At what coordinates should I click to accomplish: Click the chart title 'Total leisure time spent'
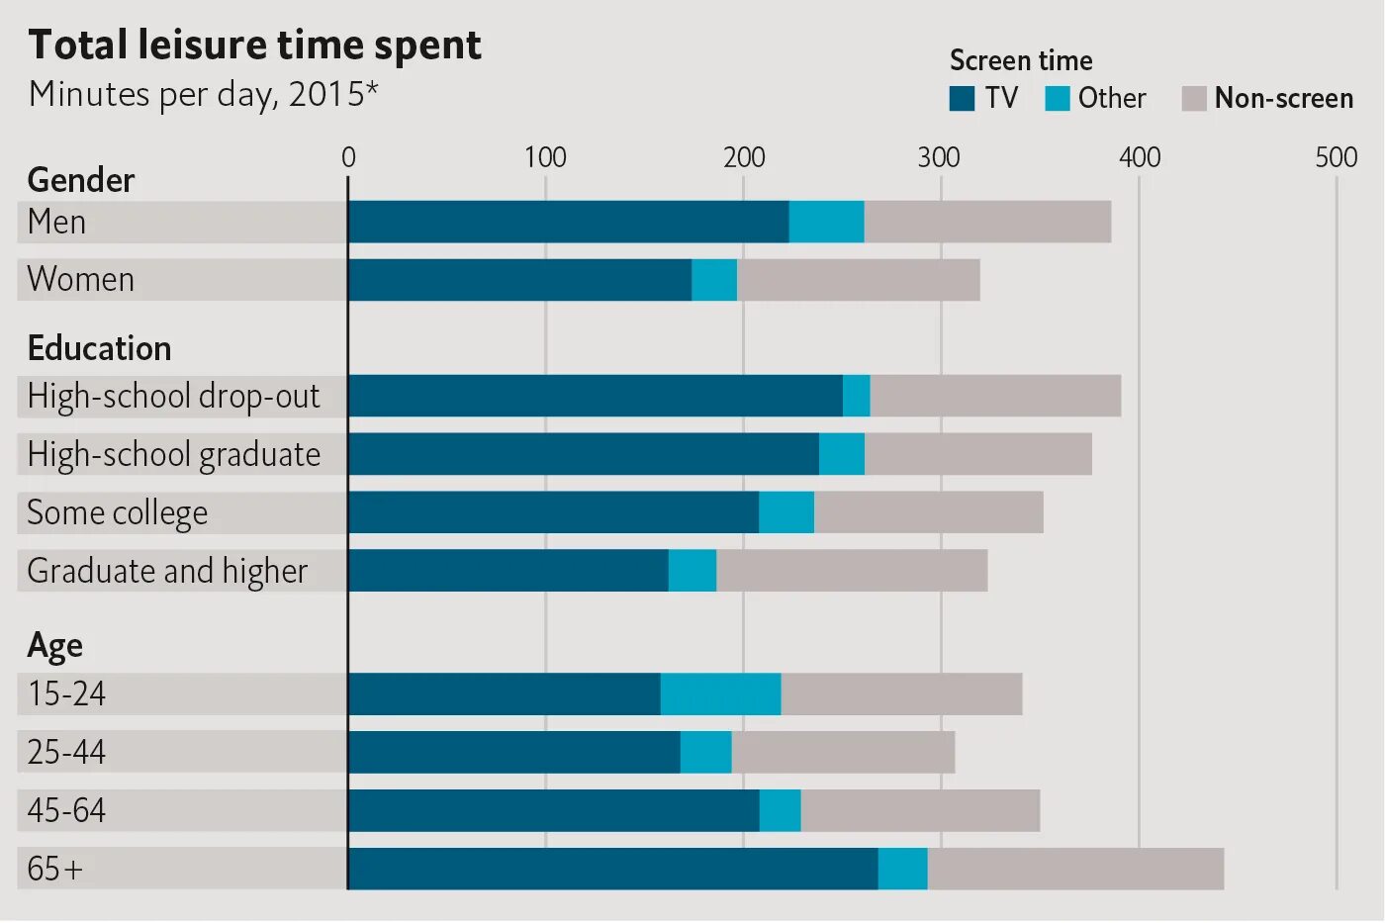click(x=254, y=46)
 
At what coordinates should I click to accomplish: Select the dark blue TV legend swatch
click(x=962, y=99)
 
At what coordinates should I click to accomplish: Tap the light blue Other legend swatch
click(x=1057, y=99)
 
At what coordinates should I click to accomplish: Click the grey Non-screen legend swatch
click(x=1194, y=99)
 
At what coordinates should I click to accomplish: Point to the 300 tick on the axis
click(x=939, y=157)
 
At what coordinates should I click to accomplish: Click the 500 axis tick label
click(x=1336, y=157)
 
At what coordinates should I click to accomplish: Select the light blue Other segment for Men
click(x=826, y=222)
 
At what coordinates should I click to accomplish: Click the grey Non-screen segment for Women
click(x=858, y=280)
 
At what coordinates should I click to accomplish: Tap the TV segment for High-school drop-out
click(x=595, y=396)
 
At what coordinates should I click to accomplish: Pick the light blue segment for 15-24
click(x=720, y=694)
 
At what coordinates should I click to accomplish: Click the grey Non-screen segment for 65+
click(x=1075, y=869)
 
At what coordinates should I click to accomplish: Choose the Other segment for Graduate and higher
click(x=692, y=571)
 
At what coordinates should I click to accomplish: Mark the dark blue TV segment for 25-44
click(x=513, y=752)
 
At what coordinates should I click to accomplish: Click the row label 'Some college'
click(x=118, y=512)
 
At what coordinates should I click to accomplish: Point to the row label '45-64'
click(x=66, y=810)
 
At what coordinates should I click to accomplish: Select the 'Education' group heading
click(x=99, y=348)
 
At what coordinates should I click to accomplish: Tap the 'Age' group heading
click(x=54, y=646)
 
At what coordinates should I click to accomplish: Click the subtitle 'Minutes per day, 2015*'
click(x=204, y=94)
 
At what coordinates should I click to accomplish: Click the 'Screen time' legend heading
click(x=1021, y=61)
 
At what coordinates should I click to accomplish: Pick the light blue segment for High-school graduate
click(x=841, y=454)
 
